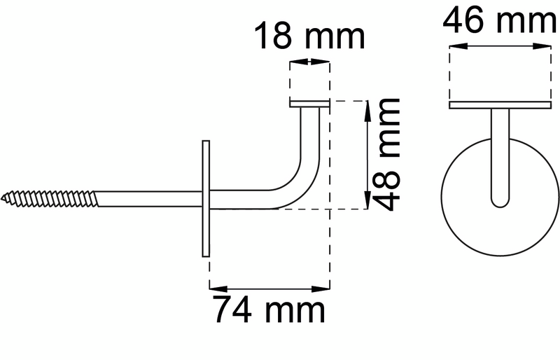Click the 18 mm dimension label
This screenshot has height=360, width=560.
[309, 36]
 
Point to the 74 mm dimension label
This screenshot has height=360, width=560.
[269, 310]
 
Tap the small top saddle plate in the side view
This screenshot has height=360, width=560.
[309, 105]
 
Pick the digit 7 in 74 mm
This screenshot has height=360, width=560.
[224, 310]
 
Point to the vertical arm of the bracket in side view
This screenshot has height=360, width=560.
[311, 140]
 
